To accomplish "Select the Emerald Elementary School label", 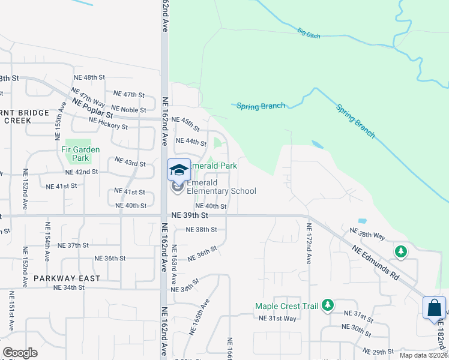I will [x=221, y=187].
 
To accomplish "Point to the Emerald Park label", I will [x=214, y=166].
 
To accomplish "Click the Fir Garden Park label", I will [x=80, y=154].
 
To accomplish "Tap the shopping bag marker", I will [x=434, y=308].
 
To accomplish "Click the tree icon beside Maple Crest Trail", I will [x=327, y=305].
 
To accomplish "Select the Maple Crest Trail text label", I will [x=286, y=306].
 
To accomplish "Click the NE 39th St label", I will [x=189, y=215].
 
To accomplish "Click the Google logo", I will [x=20, y=353].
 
